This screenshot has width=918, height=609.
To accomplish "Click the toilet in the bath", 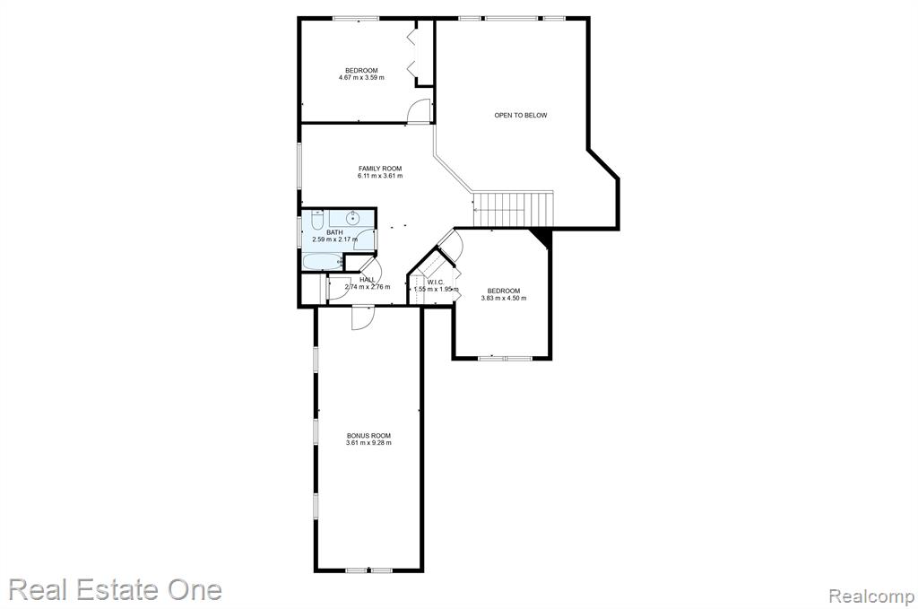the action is pyautogui.click(x=316, y=220).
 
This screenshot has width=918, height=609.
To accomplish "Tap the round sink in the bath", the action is pyautogui.click(x=352, y=219).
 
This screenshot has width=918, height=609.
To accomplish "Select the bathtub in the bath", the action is pyautogui.click(x=322, y=261).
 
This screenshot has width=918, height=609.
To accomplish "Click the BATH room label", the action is pyautogui.click(x=335, y=232).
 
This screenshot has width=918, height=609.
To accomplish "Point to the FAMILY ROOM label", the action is pyautogui.click(x=380, y=169).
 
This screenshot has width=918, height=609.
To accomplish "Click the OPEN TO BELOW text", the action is pyautogui.click(x=521, y=116).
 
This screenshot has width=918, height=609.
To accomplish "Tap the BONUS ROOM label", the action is pyautogui.click(x=368, y=436).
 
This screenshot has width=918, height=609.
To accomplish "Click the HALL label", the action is pyautogui.click(x=368, y=280).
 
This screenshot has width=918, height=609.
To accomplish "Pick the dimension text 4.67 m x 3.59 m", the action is pyautogui.click(x=361, y=77).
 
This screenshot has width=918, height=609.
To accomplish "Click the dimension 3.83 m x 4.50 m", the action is pyautogui.click(x=504, y=298).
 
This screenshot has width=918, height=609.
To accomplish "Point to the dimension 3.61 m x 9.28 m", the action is pyautogui.click(x=368, y=443).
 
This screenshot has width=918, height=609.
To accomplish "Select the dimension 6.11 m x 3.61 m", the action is pyautogui.click(x=380, y=176).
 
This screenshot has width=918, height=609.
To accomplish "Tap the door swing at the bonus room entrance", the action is pyautogui.click(x=362, y=318).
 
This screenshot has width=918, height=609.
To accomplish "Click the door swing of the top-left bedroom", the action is pyautogui.click(x=420, y=111).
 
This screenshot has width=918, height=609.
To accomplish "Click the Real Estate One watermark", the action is pyautogui.click(x=116, y=589).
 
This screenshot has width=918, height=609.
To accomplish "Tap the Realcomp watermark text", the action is pyautogui.click(x=871, y=596).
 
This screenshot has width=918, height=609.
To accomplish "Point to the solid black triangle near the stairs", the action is pyautogui.click(x=542, y=237).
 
